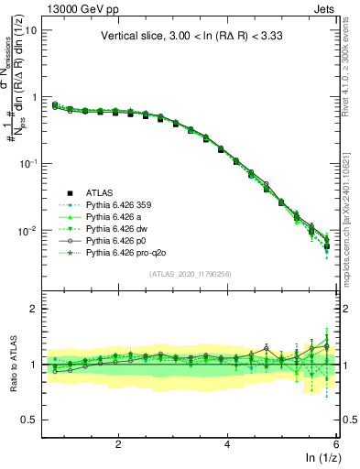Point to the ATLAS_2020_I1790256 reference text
190,275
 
